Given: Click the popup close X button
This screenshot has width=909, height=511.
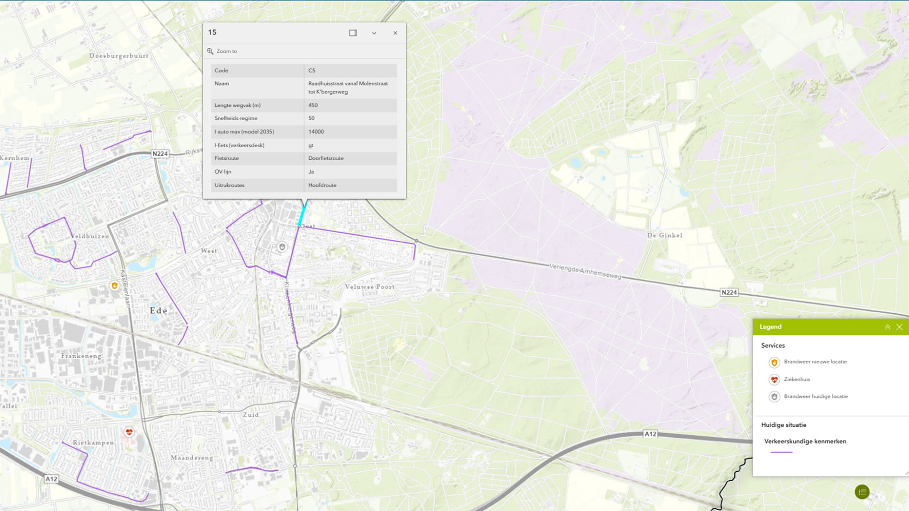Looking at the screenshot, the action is click(395, 33).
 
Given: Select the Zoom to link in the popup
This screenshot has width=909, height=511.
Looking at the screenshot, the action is click(226, 51).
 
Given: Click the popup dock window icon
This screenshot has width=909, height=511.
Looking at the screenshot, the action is click(353, 33).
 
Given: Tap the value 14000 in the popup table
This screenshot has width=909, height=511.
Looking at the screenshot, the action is click(316, 132).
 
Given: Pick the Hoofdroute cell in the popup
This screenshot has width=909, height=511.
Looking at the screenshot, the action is click(322, 185).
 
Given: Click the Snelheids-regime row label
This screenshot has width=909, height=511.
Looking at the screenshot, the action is click(236, 118).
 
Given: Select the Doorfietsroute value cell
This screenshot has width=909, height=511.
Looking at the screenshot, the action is click(326, 158).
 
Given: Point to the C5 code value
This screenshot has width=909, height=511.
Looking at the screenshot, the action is click(312, 70).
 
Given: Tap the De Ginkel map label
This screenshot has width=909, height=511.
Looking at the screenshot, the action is click(665, 235).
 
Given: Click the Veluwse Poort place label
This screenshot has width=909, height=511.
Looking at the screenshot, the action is click(369, 287).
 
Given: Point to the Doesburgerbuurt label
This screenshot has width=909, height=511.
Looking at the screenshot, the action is click(119, 56).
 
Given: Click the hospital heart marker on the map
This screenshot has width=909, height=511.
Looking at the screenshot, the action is click(129, 432).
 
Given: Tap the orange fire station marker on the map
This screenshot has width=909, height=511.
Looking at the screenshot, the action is click(114, 285).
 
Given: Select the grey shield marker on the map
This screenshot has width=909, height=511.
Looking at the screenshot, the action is click(282, 247).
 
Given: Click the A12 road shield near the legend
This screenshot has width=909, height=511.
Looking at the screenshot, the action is click(650, 434).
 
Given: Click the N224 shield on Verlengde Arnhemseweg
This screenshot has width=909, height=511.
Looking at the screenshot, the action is click(729, 292).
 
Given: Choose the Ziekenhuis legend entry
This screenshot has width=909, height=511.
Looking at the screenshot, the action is click(797, 379).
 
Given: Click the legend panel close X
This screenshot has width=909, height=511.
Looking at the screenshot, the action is click(900, 327).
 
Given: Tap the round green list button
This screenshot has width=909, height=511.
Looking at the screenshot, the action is click(862, 492).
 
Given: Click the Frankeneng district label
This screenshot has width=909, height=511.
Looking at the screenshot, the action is click(81, 356).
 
